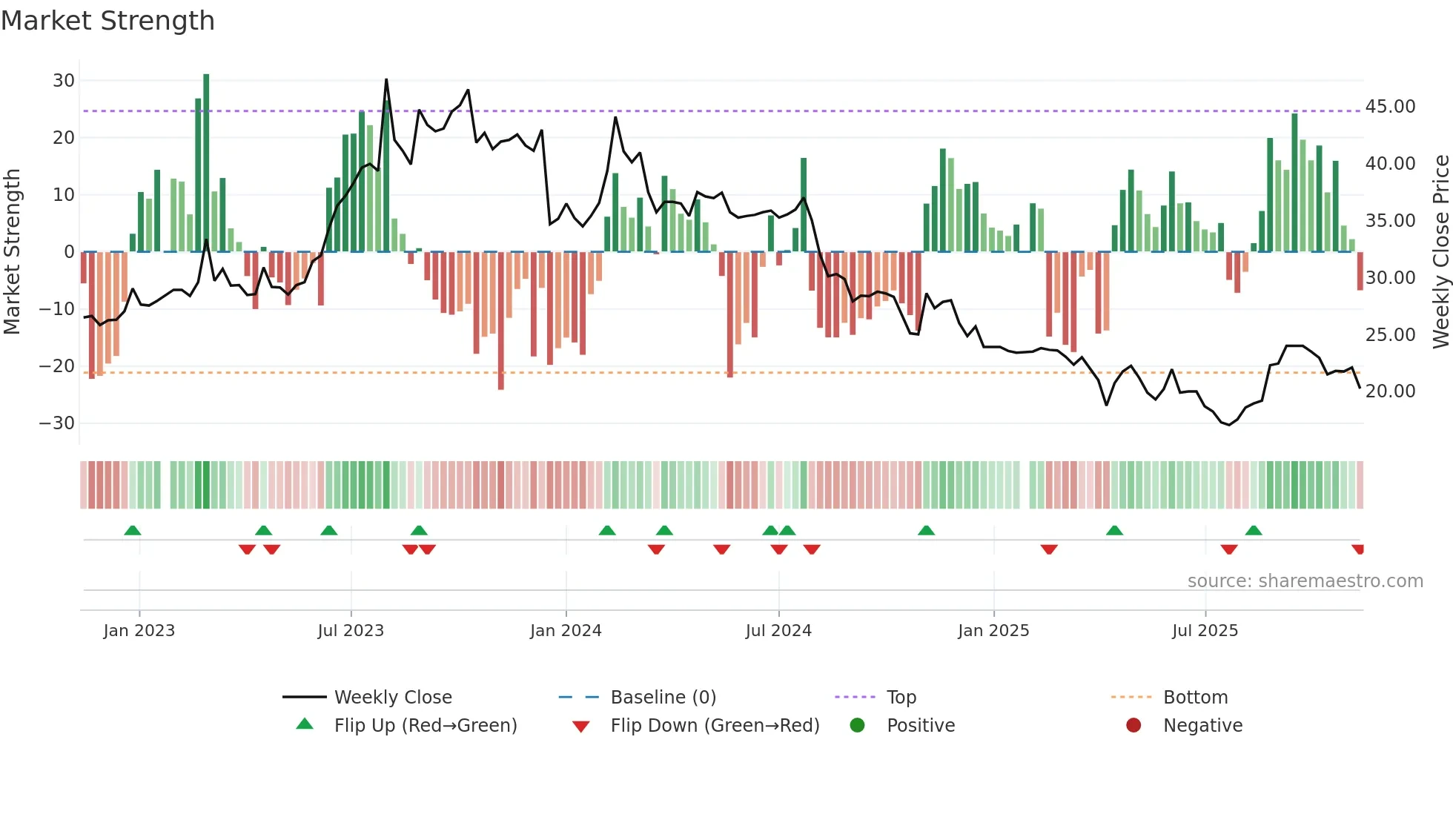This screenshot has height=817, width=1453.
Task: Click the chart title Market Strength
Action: pos(107,21)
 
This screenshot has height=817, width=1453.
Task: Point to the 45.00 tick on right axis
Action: pos(1390,107)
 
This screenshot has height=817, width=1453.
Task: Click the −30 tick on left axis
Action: pos(57,423)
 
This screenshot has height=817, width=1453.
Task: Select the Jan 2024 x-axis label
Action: pos(566,631)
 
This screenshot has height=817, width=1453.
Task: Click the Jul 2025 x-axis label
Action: pos(1205,631)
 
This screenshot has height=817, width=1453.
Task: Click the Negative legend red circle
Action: pos(1133,726)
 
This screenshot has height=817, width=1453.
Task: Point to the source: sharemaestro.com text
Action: pos(1305,581)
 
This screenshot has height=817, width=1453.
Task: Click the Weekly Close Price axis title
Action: pos(1440,252)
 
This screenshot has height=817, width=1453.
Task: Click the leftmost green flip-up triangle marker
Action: pos(133,531)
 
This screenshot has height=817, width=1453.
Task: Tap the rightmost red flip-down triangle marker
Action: pos(1358,549)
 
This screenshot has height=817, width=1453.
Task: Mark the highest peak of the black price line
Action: pos(386,80)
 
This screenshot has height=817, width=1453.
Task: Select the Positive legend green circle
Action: pos(857,726)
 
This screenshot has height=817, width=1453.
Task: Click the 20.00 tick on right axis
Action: pos(1390,391)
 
